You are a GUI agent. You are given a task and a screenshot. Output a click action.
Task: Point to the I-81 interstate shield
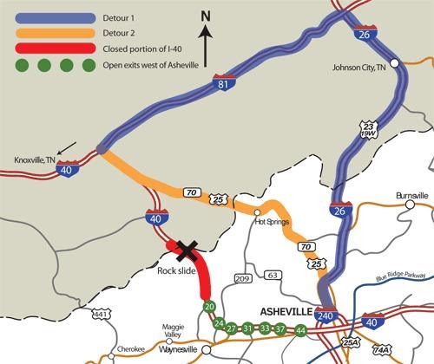[223, 83]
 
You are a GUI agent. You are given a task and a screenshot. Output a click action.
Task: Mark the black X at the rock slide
[185, 250]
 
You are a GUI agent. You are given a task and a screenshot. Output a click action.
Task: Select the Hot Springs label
[271, 222]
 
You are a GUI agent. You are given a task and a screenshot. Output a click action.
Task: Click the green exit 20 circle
[208, 307]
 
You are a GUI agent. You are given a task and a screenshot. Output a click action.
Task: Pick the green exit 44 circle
[300, 330]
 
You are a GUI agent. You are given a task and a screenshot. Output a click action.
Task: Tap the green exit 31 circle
[247, 328]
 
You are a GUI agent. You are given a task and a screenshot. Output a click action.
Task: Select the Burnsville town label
[411, 196]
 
